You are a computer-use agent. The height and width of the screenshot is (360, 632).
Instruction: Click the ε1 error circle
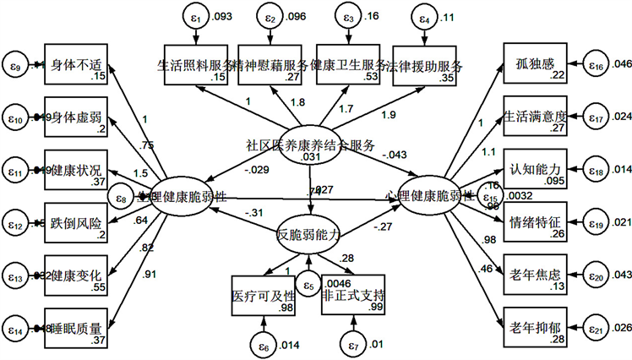click(195, 16)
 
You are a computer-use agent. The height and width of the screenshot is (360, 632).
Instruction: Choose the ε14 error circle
click(18, 325)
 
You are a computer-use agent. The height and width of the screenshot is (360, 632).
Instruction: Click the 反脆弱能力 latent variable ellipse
click(312, 236)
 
